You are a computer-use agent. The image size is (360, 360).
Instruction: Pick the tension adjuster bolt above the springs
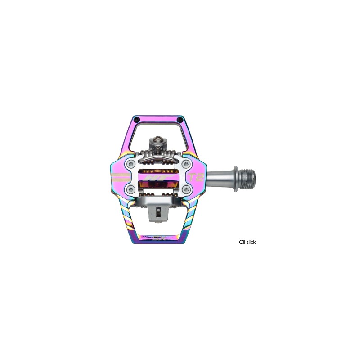click(x=157, y=141)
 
